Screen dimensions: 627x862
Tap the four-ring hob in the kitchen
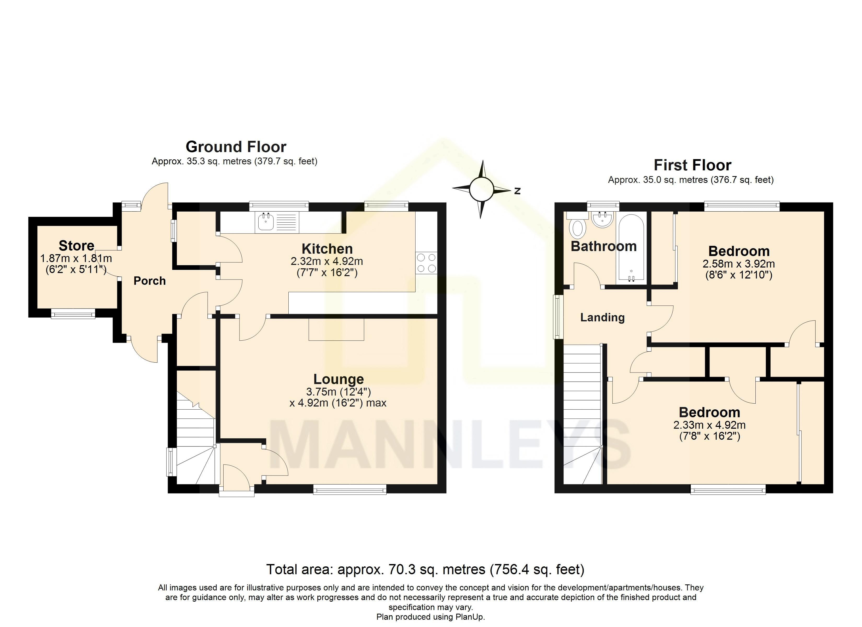click(426, 263)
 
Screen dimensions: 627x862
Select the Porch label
click(150, 281)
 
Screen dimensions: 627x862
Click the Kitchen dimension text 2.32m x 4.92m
click(327, 262)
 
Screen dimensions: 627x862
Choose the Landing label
click(602, 317)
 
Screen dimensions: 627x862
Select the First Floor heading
click(692, 165)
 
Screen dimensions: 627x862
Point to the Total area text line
click(425, 569)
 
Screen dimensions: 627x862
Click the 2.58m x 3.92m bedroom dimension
click(738, 264)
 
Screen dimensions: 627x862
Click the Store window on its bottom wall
click(73, 314)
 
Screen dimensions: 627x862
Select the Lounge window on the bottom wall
click(350, 490)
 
